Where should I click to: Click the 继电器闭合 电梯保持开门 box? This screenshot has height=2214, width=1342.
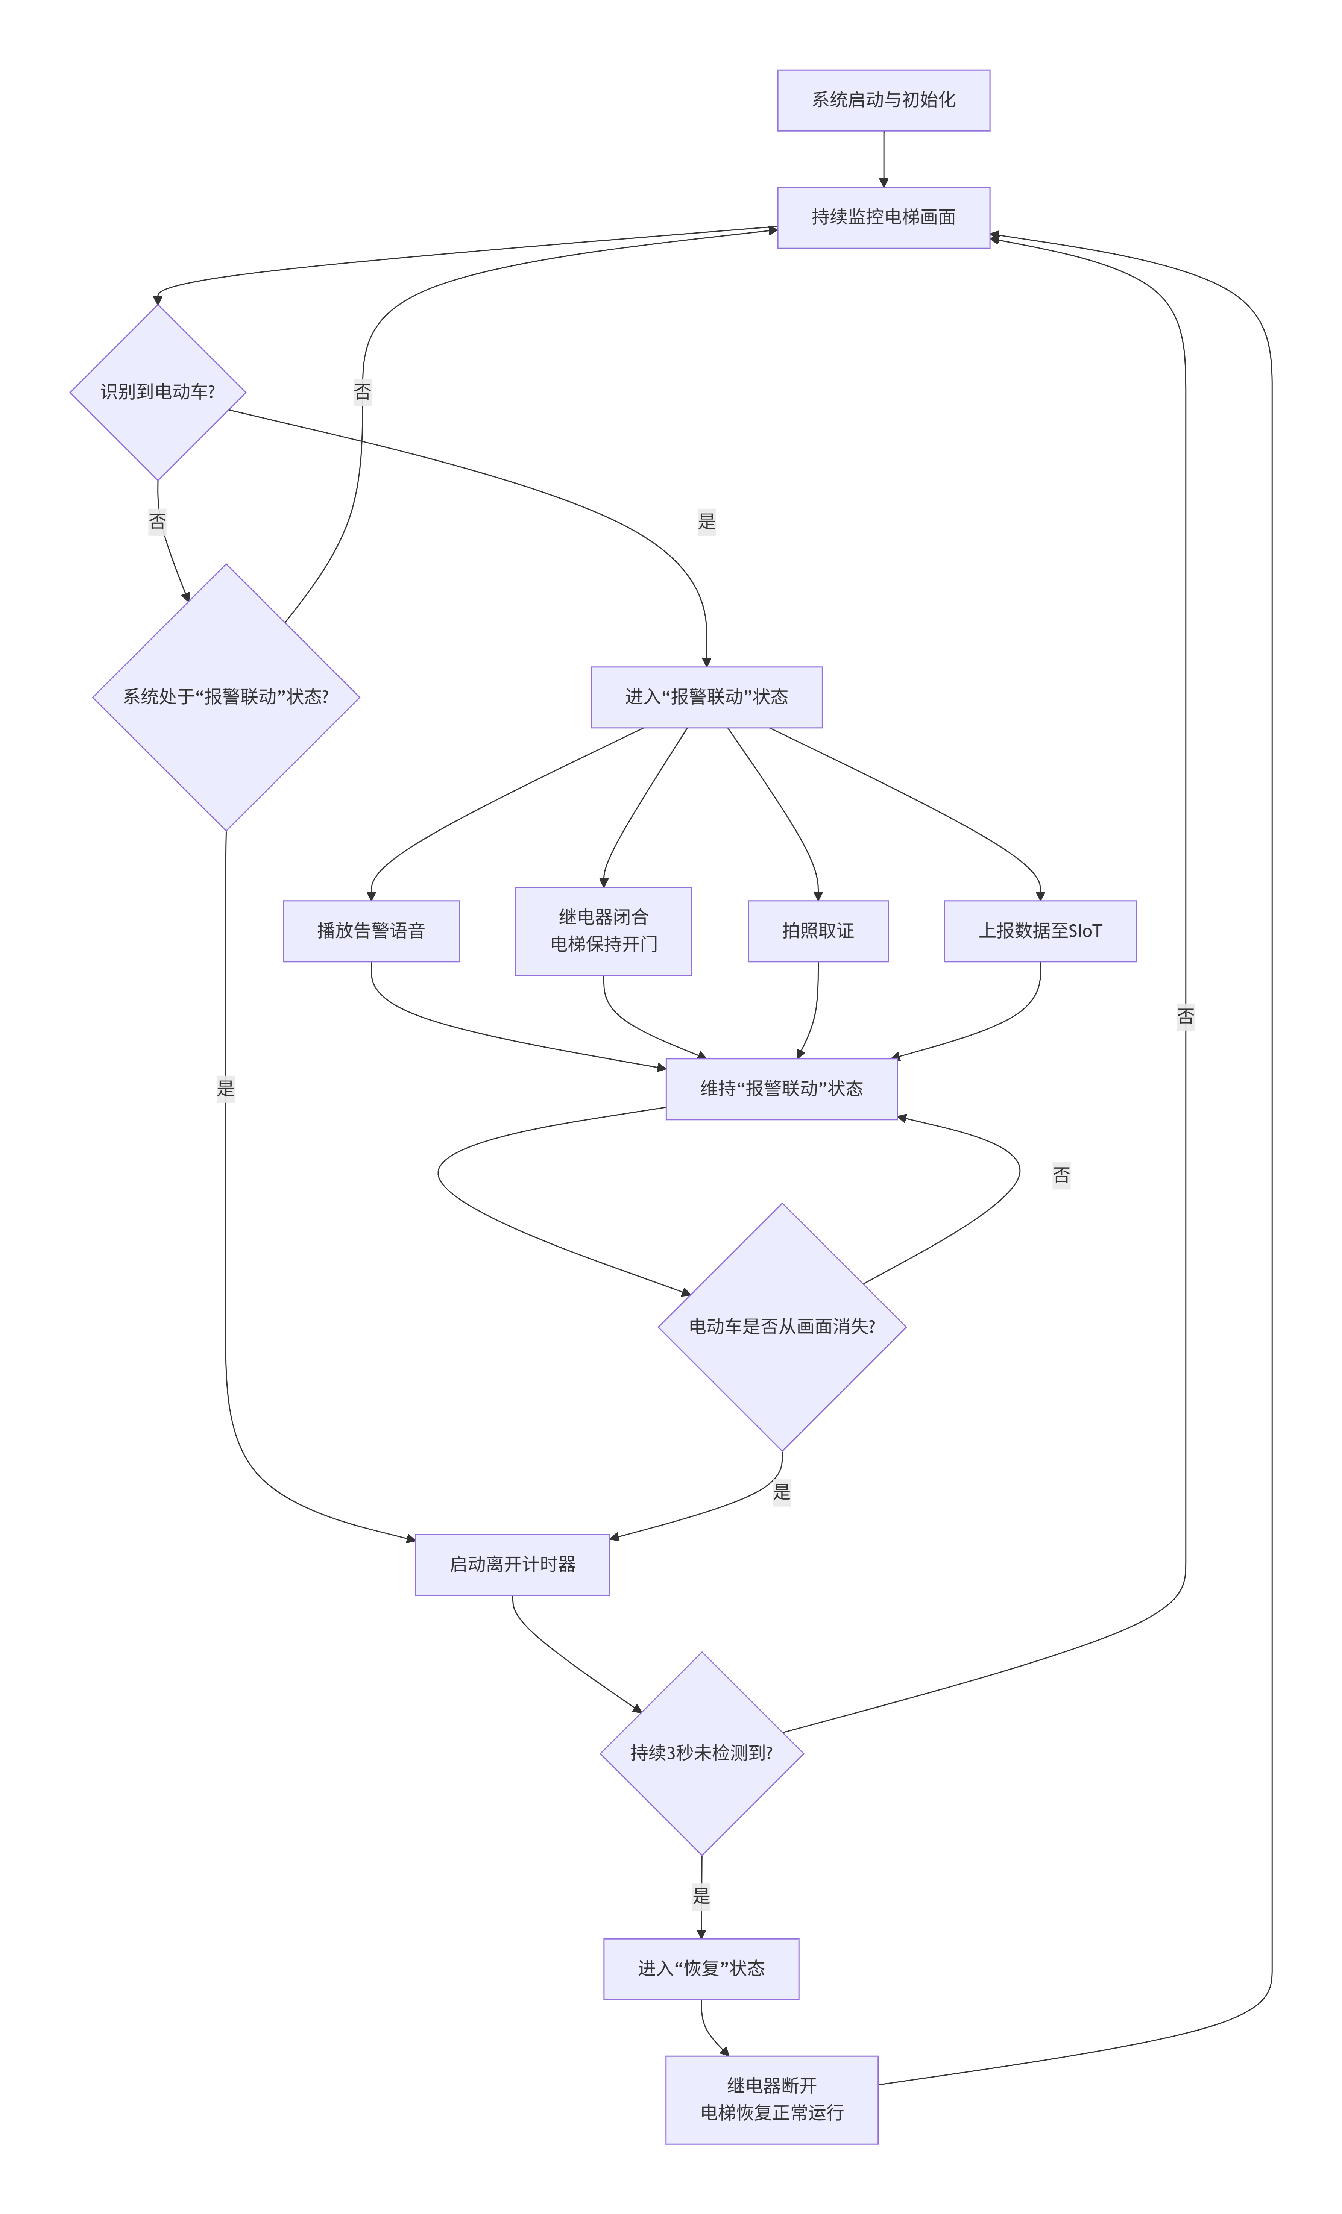tap(603, 931)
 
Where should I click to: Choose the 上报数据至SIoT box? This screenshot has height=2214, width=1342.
tap(1040, 931)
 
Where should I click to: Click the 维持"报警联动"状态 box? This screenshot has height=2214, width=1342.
tap(781, 1089)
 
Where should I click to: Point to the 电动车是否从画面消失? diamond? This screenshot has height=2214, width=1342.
tap(781, 1326)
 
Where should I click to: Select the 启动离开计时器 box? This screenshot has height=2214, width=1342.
tap(512, 1564)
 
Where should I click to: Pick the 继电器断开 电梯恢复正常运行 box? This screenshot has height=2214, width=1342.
tap(771, 2099)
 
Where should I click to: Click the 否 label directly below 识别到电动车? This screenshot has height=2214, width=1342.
tap(157, 521)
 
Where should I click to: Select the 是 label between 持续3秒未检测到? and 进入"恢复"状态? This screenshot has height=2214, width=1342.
tap(701, 1896)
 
